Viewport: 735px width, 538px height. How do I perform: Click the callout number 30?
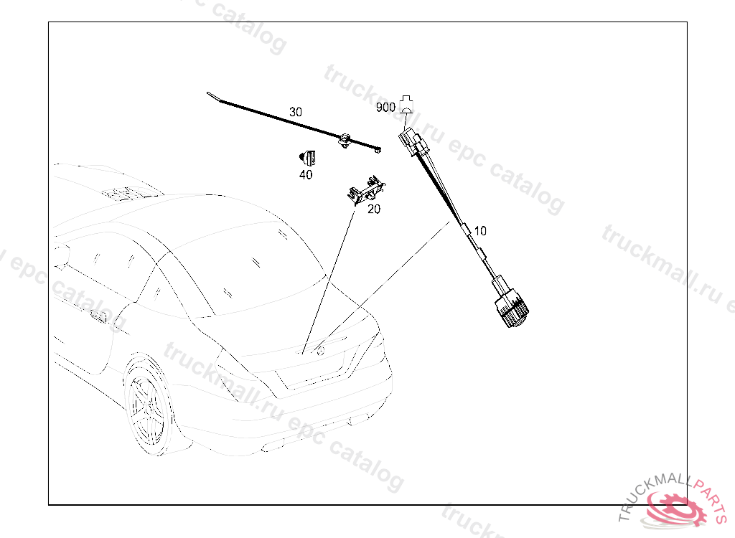295,112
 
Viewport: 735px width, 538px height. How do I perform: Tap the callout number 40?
306,175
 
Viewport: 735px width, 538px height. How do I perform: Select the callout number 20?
373,209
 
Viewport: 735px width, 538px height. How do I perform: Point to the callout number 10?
480,230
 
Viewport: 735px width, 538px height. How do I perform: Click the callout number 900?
385,108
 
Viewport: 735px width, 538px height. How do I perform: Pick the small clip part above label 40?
307,158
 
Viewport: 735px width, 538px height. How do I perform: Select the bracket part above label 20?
366,190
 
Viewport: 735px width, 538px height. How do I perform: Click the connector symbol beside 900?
406,104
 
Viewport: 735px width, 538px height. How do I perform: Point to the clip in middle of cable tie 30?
345,140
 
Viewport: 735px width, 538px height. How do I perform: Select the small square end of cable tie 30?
378,150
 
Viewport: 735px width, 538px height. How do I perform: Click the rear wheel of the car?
147,405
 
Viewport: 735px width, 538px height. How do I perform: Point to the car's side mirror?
61,256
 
